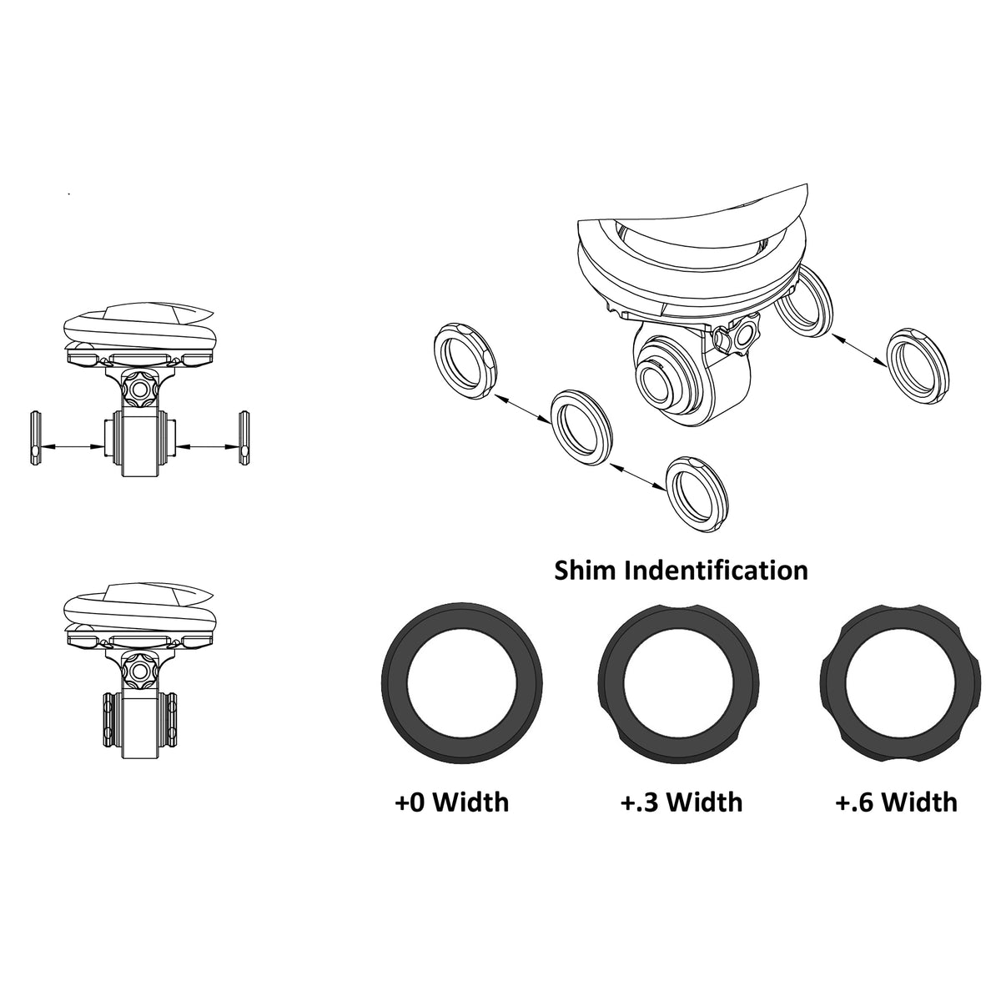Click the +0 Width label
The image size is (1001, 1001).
click(x=451, y=802)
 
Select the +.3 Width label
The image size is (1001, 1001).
click(x=682, y=802)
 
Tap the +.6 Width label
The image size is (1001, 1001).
click(x=896, y=802)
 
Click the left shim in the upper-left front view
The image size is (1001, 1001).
click(x=34, y=437)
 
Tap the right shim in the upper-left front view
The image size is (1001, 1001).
click(x=244, y=437)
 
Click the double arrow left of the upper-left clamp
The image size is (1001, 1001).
click(x=73, y=448)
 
